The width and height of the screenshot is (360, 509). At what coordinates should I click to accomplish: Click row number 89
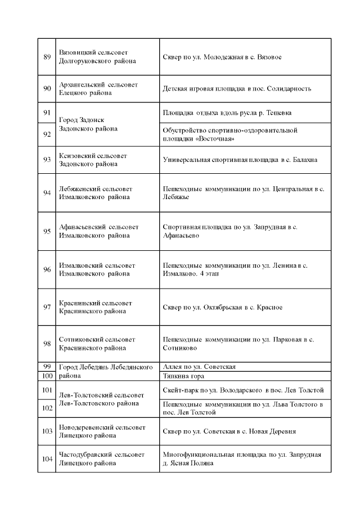click(47, 57)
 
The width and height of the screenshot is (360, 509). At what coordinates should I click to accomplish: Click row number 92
click(47, 134)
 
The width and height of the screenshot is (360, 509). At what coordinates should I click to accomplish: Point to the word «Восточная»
click(217, 138)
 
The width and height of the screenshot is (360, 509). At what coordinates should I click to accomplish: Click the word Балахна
click(304, 160)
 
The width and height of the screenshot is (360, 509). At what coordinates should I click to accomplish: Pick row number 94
click(47, 193)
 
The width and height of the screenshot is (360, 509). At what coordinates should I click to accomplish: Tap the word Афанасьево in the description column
click(181, 236)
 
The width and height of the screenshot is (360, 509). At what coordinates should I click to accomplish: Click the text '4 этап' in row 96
click(209, 273)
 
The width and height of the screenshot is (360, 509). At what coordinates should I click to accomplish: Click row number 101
click(47, 390)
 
